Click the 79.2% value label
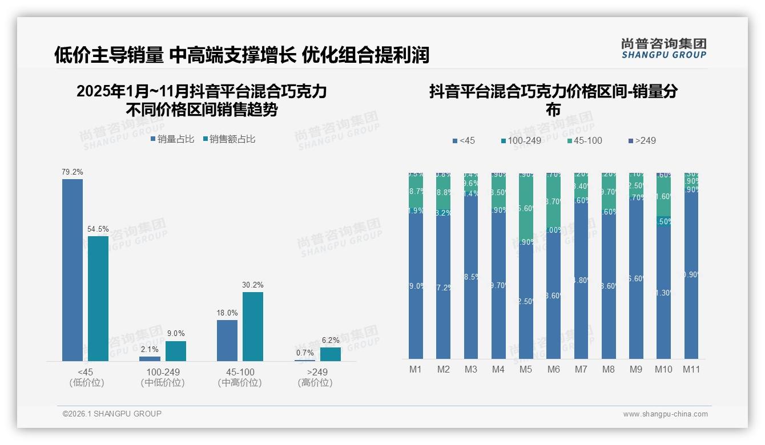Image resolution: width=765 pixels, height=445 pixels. [73, 172]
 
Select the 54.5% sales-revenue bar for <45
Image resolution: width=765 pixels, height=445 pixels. [98, 298]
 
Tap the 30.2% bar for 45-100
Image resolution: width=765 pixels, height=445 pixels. [253, 326]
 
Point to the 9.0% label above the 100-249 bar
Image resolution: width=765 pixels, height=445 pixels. [175, 334]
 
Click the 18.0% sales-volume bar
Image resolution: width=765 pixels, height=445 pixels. [227, 340]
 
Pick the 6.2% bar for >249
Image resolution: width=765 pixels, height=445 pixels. [330, 354]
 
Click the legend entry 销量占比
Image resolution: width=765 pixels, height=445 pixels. [172, 139]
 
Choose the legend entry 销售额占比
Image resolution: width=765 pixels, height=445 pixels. [229, 139]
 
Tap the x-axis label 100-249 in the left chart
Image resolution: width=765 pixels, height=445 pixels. [163, 372]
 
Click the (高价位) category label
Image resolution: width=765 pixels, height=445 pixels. [315, 383]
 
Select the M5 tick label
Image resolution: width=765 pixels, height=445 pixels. [526, 369]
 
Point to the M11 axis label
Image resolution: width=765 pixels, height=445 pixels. [691, 369]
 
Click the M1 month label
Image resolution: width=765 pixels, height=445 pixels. [416, 369]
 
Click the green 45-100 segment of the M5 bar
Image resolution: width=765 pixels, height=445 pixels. [526, 205]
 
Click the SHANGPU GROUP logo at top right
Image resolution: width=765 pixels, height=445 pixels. [663, 48]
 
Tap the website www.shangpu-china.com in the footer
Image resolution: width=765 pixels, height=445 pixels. [665, 414]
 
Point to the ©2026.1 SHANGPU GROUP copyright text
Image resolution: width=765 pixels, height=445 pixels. [112, 414]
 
